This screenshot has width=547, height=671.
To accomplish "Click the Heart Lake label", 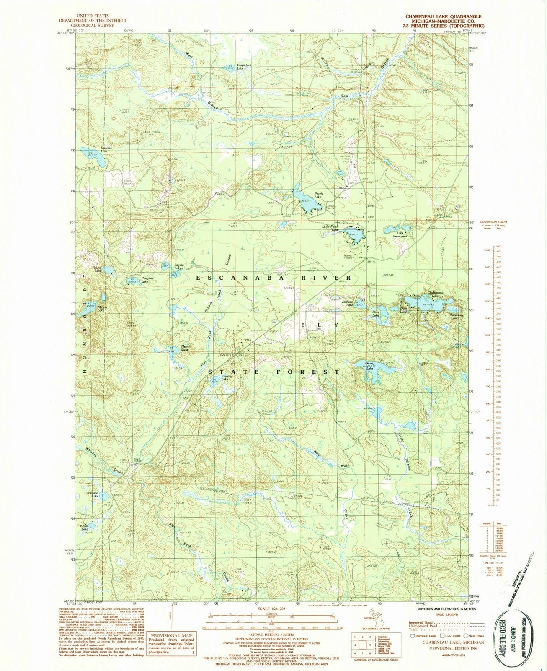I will click(185, 348).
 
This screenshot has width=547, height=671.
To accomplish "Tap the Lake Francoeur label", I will click(402, 235).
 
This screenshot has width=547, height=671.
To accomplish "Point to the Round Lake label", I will click(98, 270).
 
